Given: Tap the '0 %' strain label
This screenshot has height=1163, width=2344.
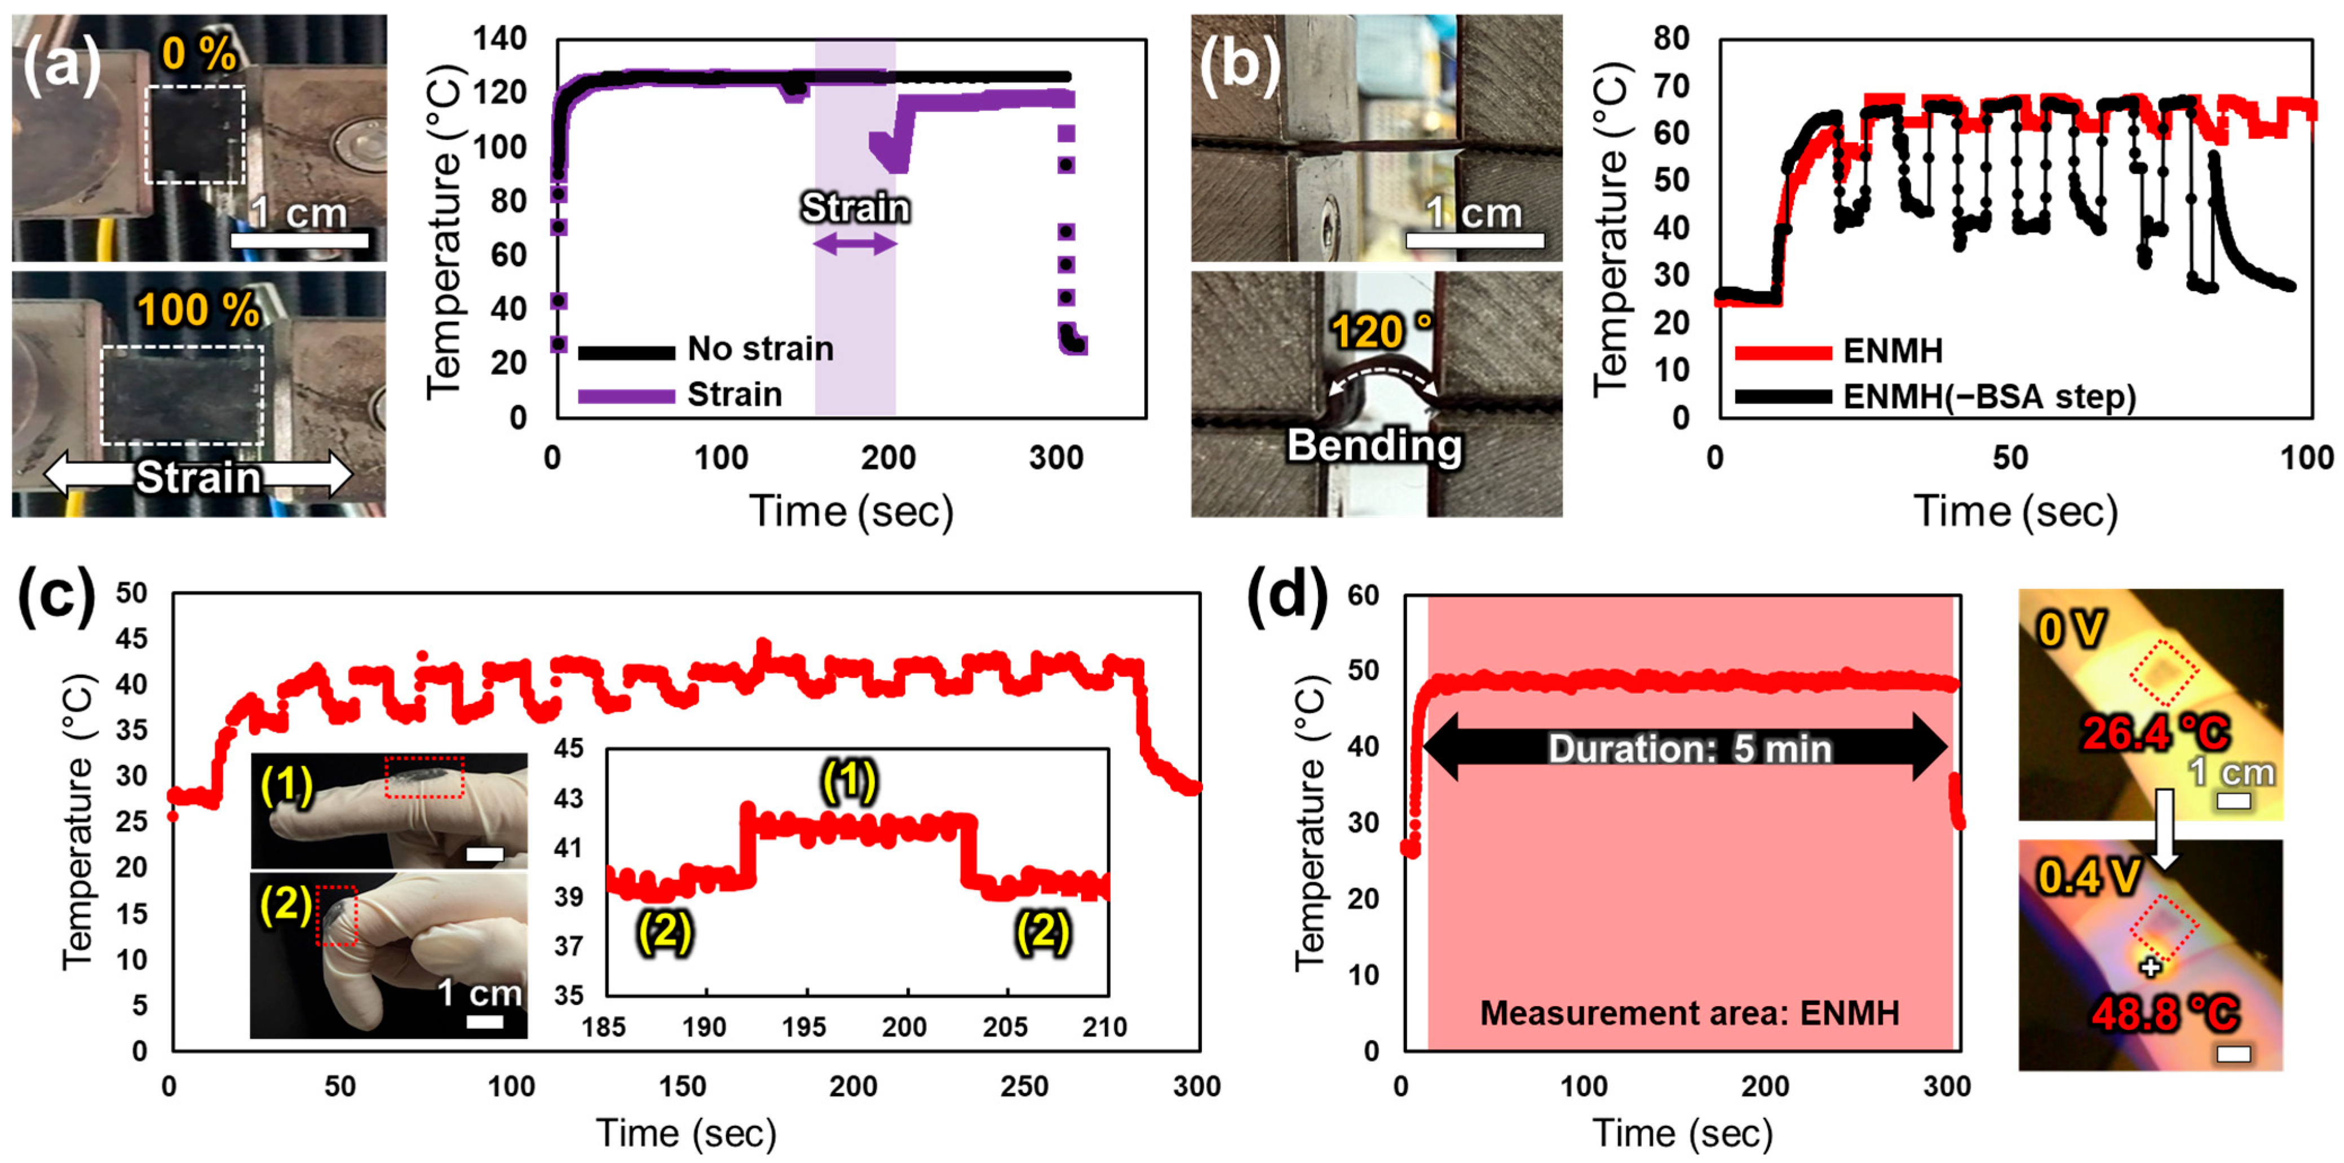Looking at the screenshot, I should [x=198, y=55].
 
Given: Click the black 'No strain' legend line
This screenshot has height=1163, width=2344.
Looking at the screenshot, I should [x=627, y=351].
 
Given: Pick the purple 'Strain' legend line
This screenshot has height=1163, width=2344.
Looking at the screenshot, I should [x=627, y=396].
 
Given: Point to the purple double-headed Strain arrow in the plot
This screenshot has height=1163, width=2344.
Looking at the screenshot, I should [x=855, y=243].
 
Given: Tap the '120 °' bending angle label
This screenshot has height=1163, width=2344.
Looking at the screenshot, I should [x=1381, y=331].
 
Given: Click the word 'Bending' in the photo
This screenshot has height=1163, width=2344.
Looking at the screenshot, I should [x=1374, y=446].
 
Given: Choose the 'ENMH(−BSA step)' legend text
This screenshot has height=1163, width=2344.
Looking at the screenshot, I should [x=1989, y=397].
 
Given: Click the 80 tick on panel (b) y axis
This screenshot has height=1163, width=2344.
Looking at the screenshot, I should [x=1671, y=39].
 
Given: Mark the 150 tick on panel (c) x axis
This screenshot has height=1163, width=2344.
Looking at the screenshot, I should [x=683, y=1086].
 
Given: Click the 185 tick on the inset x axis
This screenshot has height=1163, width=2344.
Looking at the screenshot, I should [x=604, y=1027].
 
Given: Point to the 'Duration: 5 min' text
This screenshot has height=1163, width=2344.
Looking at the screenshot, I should [x=1690, y=749].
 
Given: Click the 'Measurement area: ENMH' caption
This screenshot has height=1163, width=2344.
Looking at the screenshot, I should [x=1690, y=1013].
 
